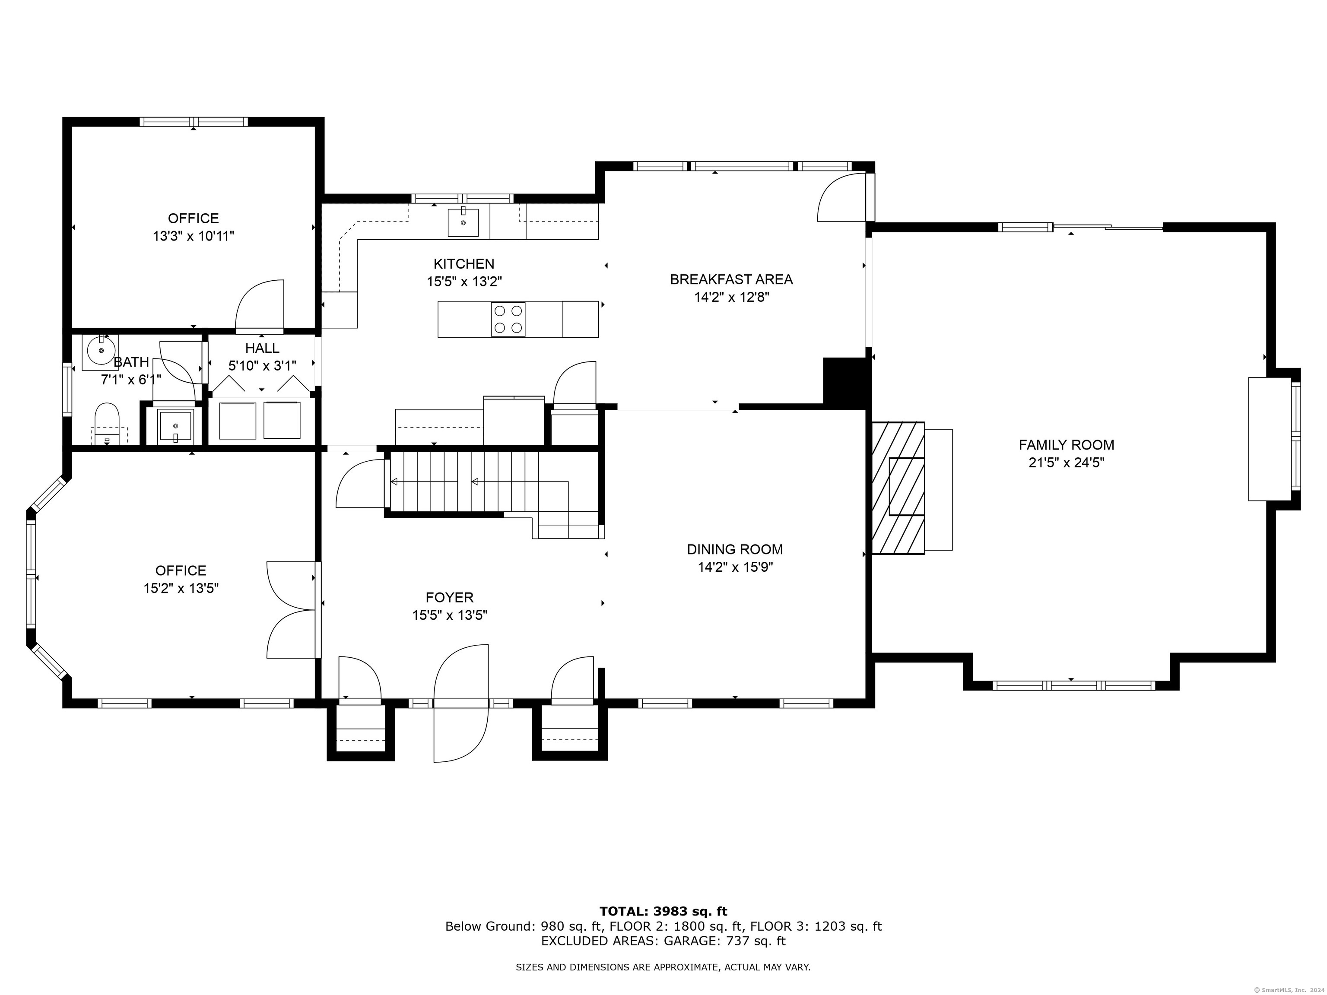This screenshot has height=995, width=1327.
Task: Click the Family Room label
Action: click(x=1066, y=445)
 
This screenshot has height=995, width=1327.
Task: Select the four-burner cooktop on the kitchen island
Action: click(x=508, y=319)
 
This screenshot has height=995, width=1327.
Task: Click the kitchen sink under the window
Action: click(x=463, y=222)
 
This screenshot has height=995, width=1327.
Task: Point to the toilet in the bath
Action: click(x=108, y=423)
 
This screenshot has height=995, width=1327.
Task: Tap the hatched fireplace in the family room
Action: click(x=898, y=488)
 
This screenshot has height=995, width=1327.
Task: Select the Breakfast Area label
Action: click(x=731, y=279)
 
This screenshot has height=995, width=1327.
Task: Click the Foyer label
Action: click(x=449, y=597)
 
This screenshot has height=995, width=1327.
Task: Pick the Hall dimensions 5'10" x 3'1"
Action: click(x=262, y=366)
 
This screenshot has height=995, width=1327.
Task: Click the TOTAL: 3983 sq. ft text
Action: click(x=663, y=912)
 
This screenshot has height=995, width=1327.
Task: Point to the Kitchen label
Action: click(x=464, y=264)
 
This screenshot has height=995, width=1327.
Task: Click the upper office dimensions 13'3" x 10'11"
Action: click(x=193, y=236)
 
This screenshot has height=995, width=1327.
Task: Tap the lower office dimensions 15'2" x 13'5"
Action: click(x=181, y=588)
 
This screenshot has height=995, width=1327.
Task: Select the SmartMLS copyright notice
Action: click(x=1288, y=990)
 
